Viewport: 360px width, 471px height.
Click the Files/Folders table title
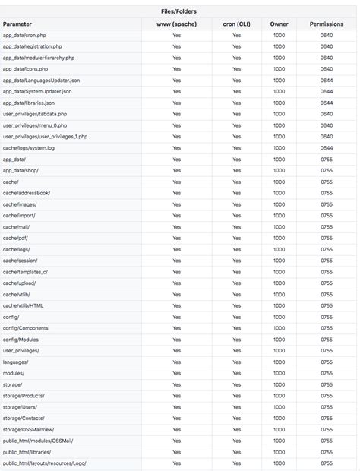[x=179, y=11]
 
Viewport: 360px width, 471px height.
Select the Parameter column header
[x=17, y=24]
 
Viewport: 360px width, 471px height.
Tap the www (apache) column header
[x=176, y=24]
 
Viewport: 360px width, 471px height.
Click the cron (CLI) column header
[x=237, y=24]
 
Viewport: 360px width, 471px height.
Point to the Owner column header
[x=279, y=24]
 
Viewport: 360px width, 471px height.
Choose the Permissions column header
[x=327, y=24]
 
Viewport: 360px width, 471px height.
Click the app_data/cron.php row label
[x=25, y=36]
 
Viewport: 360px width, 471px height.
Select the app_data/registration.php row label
[x=33, y=46]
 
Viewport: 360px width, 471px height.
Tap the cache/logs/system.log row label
[x=29, y=148]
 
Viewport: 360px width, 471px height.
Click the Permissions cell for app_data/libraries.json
[x=327, y=103]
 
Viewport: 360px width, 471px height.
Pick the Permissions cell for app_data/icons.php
[x=327, y=69]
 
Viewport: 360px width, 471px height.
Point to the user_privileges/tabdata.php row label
[x=35, y=114]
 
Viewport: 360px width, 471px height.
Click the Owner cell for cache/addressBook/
[x=279, y=193]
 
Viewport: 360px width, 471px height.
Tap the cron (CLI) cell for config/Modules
[x=237, y=340]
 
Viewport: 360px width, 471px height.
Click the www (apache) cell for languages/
[x=176, y=362]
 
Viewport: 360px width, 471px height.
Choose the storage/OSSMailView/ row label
[x=28, y=430]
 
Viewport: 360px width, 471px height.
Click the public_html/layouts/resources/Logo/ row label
[x=44, y=463]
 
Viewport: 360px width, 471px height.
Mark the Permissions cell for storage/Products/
[x=327, y=396]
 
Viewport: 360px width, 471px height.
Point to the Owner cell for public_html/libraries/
[x=279, y=452]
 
